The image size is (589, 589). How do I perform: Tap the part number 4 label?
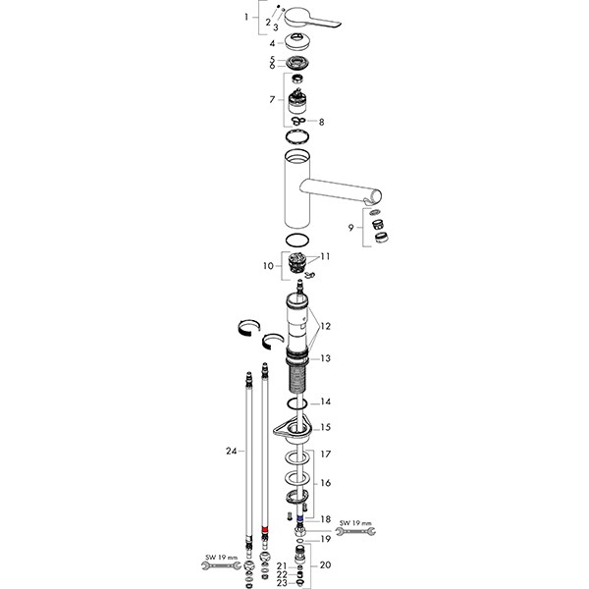click(272, 43)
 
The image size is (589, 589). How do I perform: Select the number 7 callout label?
click(272, 101)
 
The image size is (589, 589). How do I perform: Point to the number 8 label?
click(321, 122)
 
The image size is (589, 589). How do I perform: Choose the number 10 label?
click(268, 266)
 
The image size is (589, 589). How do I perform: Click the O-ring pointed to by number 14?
click(300, 404)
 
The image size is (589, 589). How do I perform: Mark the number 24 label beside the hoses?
click(231, 452)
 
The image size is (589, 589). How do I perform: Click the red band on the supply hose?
click(266, 530)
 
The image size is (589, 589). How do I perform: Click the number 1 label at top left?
click(247, 19)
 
